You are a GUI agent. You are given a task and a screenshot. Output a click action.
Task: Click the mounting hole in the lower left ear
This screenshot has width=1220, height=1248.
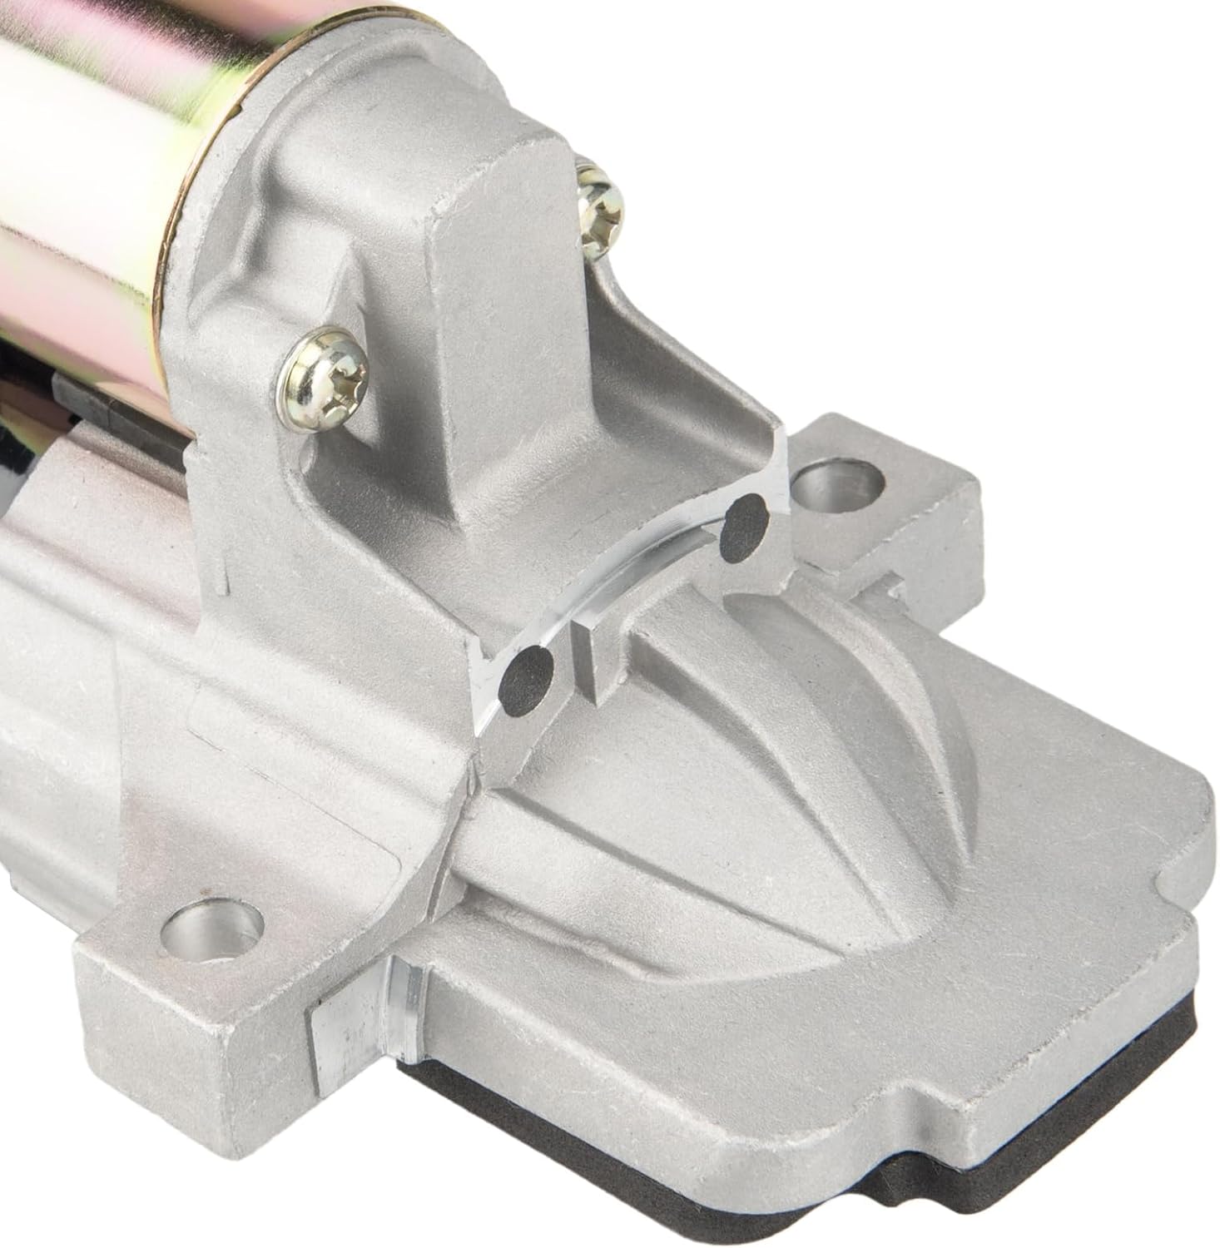pos(212,924)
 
